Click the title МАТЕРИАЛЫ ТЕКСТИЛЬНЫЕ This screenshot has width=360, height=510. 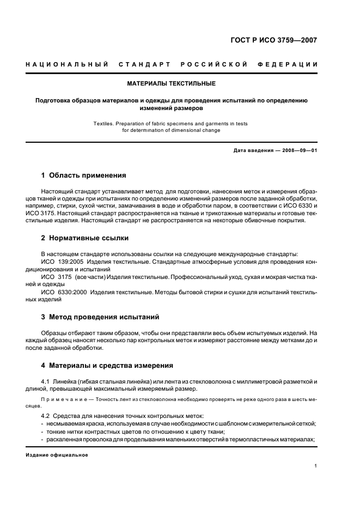pyautogui.click(x=171, y=84)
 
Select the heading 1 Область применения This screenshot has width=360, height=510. pyautogui.click(x=84, y=175)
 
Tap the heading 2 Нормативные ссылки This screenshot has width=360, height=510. pyautogui.click(x=85, y=238)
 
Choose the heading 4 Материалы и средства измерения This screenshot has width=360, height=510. pyautogui.click(x=107, y=365)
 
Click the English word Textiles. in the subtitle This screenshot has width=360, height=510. pyautogui.click(x=105, y=124)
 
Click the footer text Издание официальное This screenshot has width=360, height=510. pyautogui.click(x=57, y=454)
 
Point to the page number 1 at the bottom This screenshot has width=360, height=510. pyautogui.click(x=316, y=466)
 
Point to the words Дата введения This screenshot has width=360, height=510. pyautogui.click(x=251, y=151)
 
